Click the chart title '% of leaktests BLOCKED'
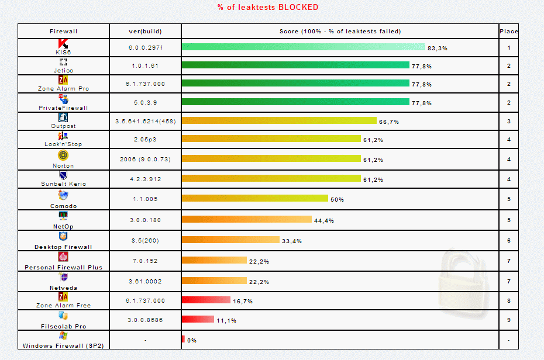[x=268, y=7]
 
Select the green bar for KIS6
[x=303, y=47]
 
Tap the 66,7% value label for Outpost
[x=388, y=122]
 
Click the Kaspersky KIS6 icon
[x=63, y=44]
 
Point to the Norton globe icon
[x=63, y=155]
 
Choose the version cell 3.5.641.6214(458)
[x=145, y=121]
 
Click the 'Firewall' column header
[x=63, y=32]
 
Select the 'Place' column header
[x=508, y=32]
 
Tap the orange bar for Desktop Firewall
[x=230, y=240]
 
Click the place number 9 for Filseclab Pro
[x=508, y=320]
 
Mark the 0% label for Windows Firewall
[x=192, y=340]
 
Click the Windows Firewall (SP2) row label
[x=63, y=345]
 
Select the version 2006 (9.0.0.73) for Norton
[x=145, y=159]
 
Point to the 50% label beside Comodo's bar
[x=337, y=199]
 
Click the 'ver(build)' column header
[x=145, y=32]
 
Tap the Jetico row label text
[x=63, y=70]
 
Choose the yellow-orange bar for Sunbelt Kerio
[x=271, y=178]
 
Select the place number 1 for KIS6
[x=508, y=48]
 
